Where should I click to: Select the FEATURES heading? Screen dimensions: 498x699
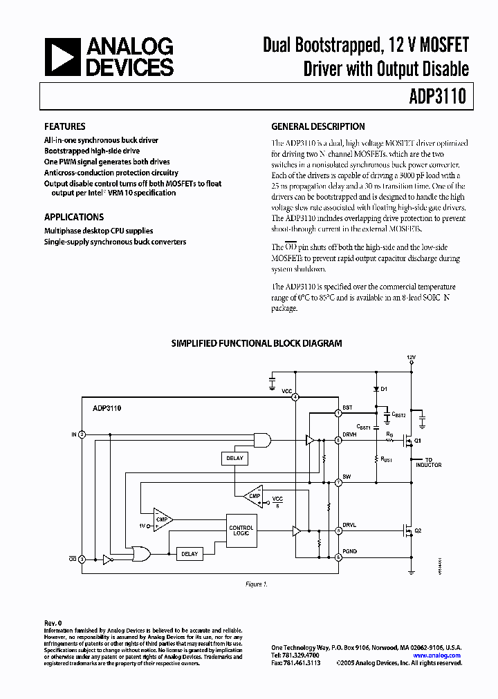65,126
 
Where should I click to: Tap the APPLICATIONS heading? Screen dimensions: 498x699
74,216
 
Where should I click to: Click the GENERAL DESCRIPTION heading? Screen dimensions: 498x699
318,126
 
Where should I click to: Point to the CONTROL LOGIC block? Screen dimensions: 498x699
241,530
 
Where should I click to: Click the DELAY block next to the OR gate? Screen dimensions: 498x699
189,553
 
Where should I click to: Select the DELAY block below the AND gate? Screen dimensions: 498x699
234,458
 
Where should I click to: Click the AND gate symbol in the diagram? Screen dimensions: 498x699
262,440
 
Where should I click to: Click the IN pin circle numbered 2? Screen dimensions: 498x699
82,434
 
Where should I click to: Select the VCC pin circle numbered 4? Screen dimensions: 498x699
295,396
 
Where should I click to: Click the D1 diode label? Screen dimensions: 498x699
385,389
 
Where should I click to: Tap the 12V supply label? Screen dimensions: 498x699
412,356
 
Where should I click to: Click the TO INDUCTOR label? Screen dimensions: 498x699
429,462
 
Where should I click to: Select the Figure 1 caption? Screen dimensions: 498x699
256,584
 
